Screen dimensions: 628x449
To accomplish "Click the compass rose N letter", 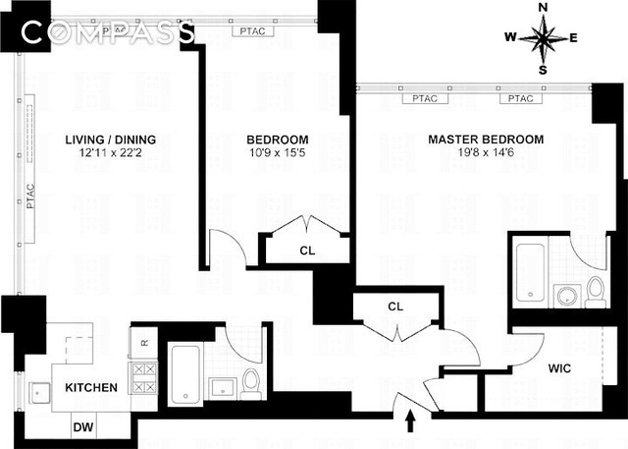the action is pyautogui.click(x=543, y=8).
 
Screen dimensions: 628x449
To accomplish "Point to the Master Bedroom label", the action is pyautogui.click(x=485, y=140).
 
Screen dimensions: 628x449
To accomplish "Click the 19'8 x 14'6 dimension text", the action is pyautogui.click(x=485, y=153).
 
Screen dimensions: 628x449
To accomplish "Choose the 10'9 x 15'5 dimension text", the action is pyautogui.click(x=278, y=153).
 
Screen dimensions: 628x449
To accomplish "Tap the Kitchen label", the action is pyautogui.click(x=91, y=388).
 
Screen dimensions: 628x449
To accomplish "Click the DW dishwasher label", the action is pyautogui.click(x=85, y=427).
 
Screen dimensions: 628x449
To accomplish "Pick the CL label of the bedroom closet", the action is pyautogui.click(x=307, y=250).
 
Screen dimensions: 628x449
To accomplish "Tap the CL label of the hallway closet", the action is pyautogui.click(x=395, y=307).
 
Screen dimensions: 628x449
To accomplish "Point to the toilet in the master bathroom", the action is pyautogui.click(x=595, y=292).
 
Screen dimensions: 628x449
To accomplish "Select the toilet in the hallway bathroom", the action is pyautogui.click(x=250, y=382).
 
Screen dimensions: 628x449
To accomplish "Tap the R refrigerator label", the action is pyautogui.click(x=144, y=343).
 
